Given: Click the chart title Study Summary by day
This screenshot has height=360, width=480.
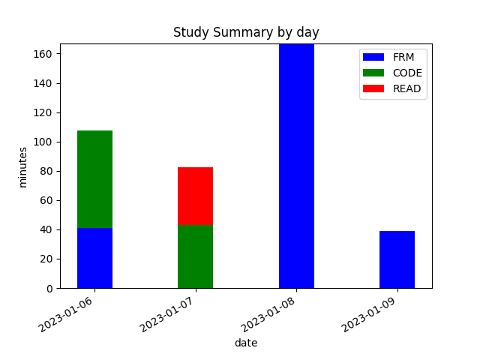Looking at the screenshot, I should tap(246, 32).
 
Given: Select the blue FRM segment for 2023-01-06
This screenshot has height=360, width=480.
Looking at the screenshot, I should tap(94, 258).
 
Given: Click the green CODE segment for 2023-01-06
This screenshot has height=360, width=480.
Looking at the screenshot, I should tap(94, 179).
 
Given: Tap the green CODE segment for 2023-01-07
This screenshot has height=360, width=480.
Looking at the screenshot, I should tap(195, 256).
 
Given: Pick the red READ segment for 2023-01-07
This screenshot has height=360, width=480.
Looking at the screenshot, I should tap(195, 196).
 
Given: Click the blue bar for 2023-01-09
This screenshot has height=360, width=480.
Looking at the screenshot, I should tap(397, 259).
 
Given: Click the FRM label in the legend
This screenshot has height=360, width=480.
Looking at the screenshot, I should tap(403, 57).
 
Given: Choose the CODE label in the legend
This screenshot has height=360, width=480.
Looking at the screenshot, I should tap(407, 73).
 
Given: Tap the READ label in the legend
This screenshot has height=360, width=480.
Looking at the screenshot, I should tap(406, 88).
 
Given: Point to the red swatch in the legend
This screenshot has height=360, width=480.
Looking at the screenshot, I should tap(373, 88).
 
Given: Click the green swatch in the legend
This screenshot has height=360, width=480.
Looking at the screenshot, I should tap(373, 73).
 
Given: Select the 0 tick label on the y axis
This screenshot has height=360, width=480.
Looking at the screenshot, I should tap(50, 288).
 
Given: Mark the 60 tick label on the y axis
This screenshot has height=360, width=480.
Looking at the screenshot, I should tap(47, 200).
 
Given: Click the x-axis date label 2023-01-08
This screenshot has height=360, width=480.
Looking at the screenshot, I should tap(268, 315).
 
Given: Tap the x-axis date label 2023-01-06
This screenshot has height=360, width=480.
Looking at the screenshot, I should tap(67, 315).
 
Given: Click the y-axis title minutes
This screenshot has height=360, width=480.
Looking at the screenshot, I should tap(23, 166).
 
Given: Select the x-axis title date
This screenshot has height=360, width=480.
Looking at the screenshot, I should tap(246, 343).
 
